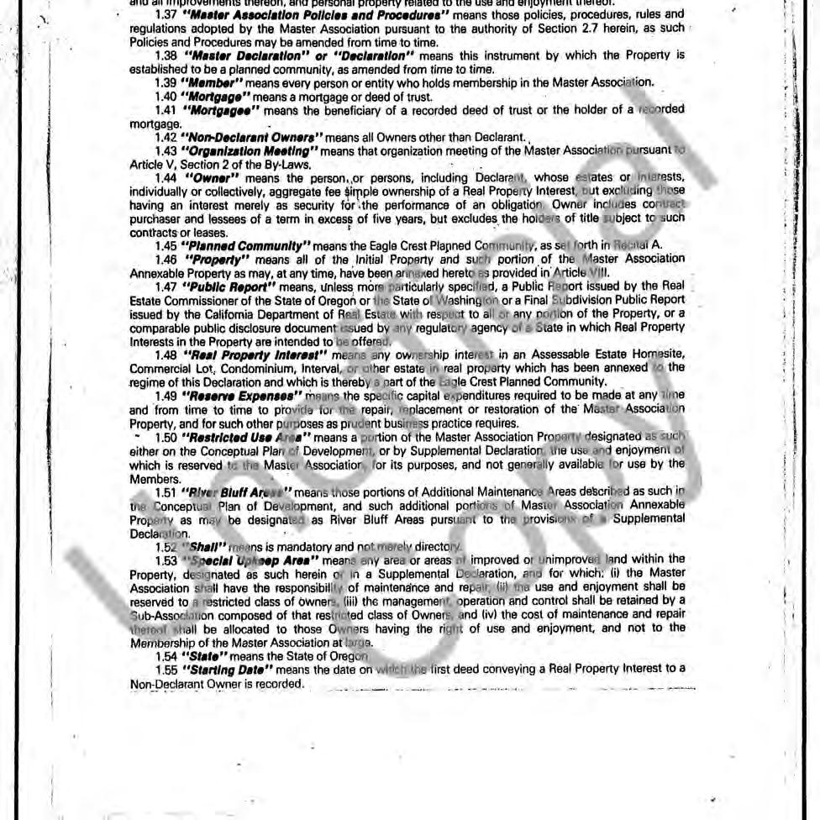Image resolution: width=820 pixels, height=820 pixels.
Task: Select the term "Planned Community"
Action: pos(246,245)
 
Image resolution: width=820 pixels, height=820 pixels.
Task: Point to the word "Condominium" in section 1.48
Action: pos(225,367)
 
